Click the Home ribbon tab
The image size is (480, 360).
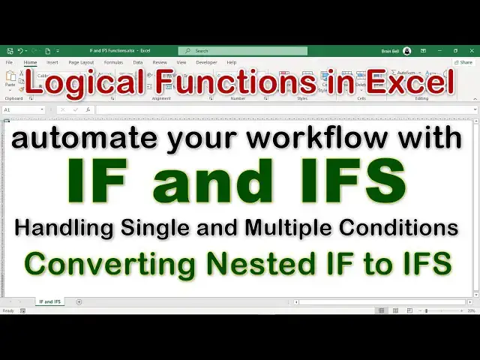tap(30, 62)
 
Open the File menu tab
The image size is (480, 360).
tap(10, 62)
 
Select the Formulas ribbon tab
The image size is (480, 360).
tap(113, 62)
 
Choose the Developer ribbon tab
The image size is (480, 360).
tap(206, 62)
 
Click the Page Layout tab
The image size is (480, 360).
tap(81, 62)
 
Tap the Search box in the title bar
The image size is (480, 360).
tap(243, 51)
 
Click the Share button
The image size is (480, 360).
tap(463, 62)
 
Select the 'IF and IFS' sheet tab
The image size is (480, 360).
tap(49, 301)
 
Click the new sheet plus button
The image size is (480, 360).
tap(79, 301)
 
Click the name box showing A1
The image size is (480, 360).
tap(22, 109)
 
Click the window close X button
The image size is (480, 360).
tap(471, 51)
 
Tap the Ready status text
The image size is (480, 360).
tap(8, 310)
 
